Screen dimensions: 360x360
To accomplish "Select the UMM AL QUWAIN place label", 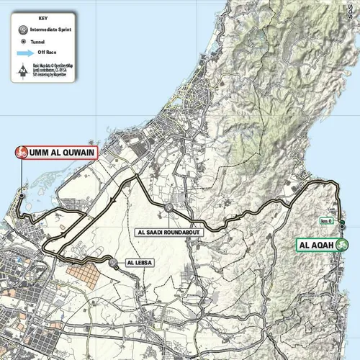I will coord(63,152).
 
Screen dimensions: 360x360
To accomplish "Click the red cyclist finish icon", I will coord(22,152).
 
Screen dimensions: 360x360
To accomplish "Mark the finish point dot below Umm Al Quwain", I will coord(22,195).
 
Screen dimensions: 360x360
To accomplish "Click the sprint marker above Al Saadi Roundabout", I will coord(168,207).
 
